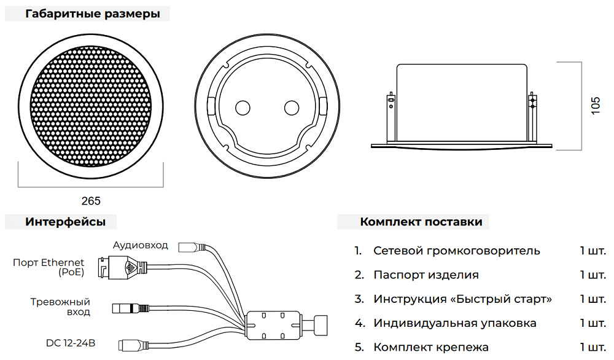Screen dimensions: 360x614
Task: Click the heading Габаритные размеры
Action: (97, 14)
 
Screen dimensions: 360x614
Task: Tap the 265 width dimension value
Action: (91, 201)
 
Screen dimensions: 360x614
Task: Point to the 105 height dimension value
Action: (595, 105)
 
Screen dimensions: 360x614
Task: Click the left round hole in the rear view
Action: (243, 108)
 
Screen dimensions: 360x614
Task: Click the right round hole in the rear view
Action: (291, 108)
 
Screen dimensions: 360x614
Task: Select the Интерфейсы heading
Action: (65, 222)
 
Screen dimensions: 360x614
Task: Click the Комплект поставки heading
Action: (421, 222)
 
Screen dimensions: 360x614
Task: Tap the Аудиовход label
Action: (140, 245)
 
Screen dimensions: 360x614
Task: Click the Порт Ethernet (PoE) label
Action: (49, 267)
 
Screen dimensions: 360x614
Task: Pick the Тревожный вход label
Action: (60, 307)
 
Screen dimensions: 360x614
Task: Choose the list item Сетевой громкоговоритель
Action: (456, 251)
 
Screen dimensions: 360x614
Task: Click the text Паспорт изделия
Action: (426, 275)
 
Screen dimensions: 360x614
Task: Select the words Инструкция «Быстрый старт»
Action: (462, 299)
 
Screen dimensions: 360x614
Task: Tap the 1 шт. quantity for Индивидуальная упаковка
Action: (592, 323)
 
